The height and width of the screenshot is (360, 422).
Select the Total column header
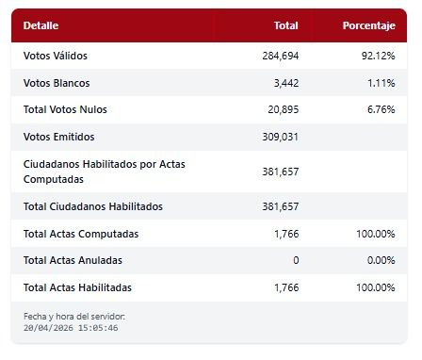pos(284,25)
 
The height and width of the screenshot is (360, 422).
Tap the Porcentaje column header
pos(368,25)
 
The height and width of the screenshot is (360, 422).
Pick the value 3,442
pos(285,83)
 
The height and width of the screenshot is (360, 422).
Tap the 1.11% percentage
pos(381,83)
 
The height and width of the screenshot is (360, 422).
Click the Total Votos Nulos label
pos(65,109)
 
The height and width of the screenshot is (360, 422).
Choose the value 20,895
pos(283,109)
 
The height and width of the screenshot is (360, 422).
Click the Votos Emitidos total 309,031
pos(280,137)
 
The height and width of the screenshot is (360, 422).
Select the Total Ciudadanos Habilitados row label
pos(92,206)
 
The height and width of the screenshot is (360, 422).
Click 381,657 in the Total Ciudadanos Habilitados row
pos(280,206)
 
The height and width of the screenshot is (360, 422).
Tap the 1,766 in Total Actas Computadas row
pos(285,233)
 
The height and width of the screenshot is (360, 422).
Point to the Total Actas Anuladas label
pos(73,259)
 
